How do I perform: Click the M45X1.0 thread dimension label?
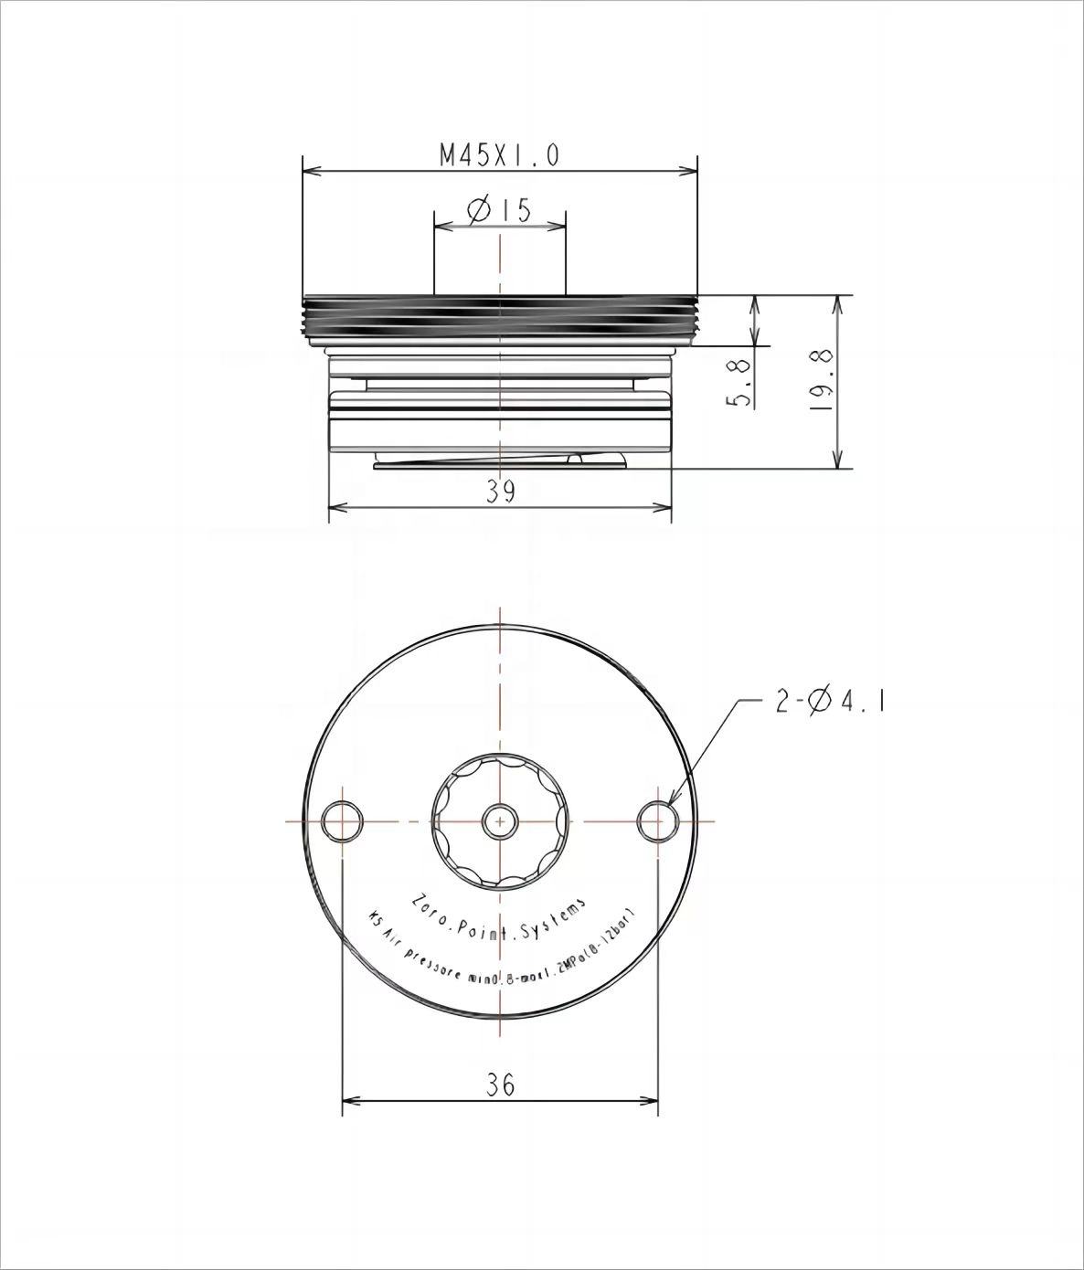point(499,155)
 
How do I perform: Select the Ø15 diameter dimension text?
point(499,210)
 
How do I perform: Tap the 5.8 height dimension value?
point(742,383)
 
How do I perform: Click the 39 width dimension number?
point(500,492)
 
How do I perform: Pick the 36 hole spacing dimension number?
point(500,1085)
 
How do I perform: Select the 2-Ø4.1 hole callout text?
point(831,702)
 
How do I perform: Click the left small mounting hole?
point(342,820)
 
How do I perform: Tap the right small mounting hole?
point(657,820)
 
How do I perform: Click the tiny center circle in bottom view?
point(500,820)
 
